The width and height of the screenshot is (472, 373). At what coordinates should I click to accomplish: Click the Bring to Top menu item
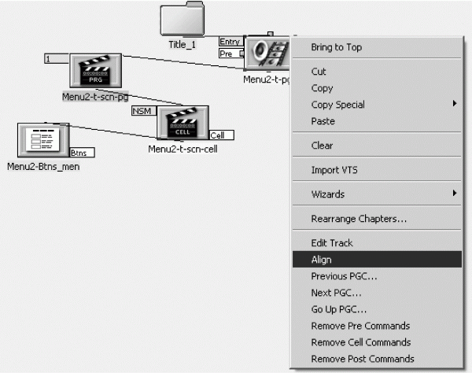[336, 47]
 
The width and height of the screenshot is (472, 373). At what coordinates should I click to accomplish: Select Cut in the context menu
[319, 72]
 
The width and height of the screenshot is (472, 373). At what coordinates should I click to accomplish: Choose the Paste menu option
[323, 121]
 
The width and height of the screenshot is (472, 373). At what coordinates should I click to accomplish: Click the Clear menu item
[322, 146]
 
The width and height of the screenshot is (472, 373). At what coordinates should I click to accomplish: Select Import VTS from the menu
[334, 170]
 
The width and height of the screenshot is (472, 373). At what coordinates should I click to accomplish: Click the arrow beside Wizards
[455, 193]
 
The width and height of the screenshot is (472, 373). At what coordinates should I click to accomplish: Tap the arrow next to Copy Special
[455, 104]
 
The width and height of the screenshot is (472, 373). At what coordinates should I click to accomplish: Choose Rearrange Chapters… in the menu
[359, 219]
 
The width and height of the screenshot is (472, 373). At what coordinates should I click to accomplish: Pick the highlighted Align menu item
[377, 259]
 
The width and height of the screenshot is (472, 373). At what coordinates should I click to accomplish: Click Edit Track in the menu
[332, 243]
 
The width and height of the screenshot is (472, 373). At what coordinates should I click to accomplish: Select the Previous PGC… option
[344, 276]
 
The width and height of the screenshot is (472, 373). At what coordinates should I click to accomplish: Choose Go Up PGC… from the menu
[338, 309]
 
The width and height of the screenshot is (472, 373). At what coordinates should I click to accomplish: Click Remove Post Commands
[363, 359]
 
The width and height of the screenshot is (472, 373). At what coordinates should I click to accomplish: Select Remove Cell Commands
[361, 342]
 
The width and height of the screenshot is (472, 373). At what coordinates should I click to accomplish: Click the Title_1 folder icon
[183, 19]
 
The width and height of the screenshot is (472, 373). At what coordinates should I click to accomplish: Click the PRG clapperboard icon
[96, 71]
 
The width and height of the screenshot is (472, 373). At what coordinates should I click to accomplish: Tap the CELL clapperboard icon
[183, 123]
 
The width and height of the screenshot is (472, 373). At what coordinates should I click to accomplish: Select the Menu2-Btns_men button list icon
[43, 140]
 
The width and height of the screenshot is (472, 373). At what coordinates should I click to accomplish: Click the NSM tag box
[144, 111]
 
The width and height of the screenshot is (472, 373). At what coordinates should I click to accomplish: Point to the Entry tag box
[230, 42]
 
